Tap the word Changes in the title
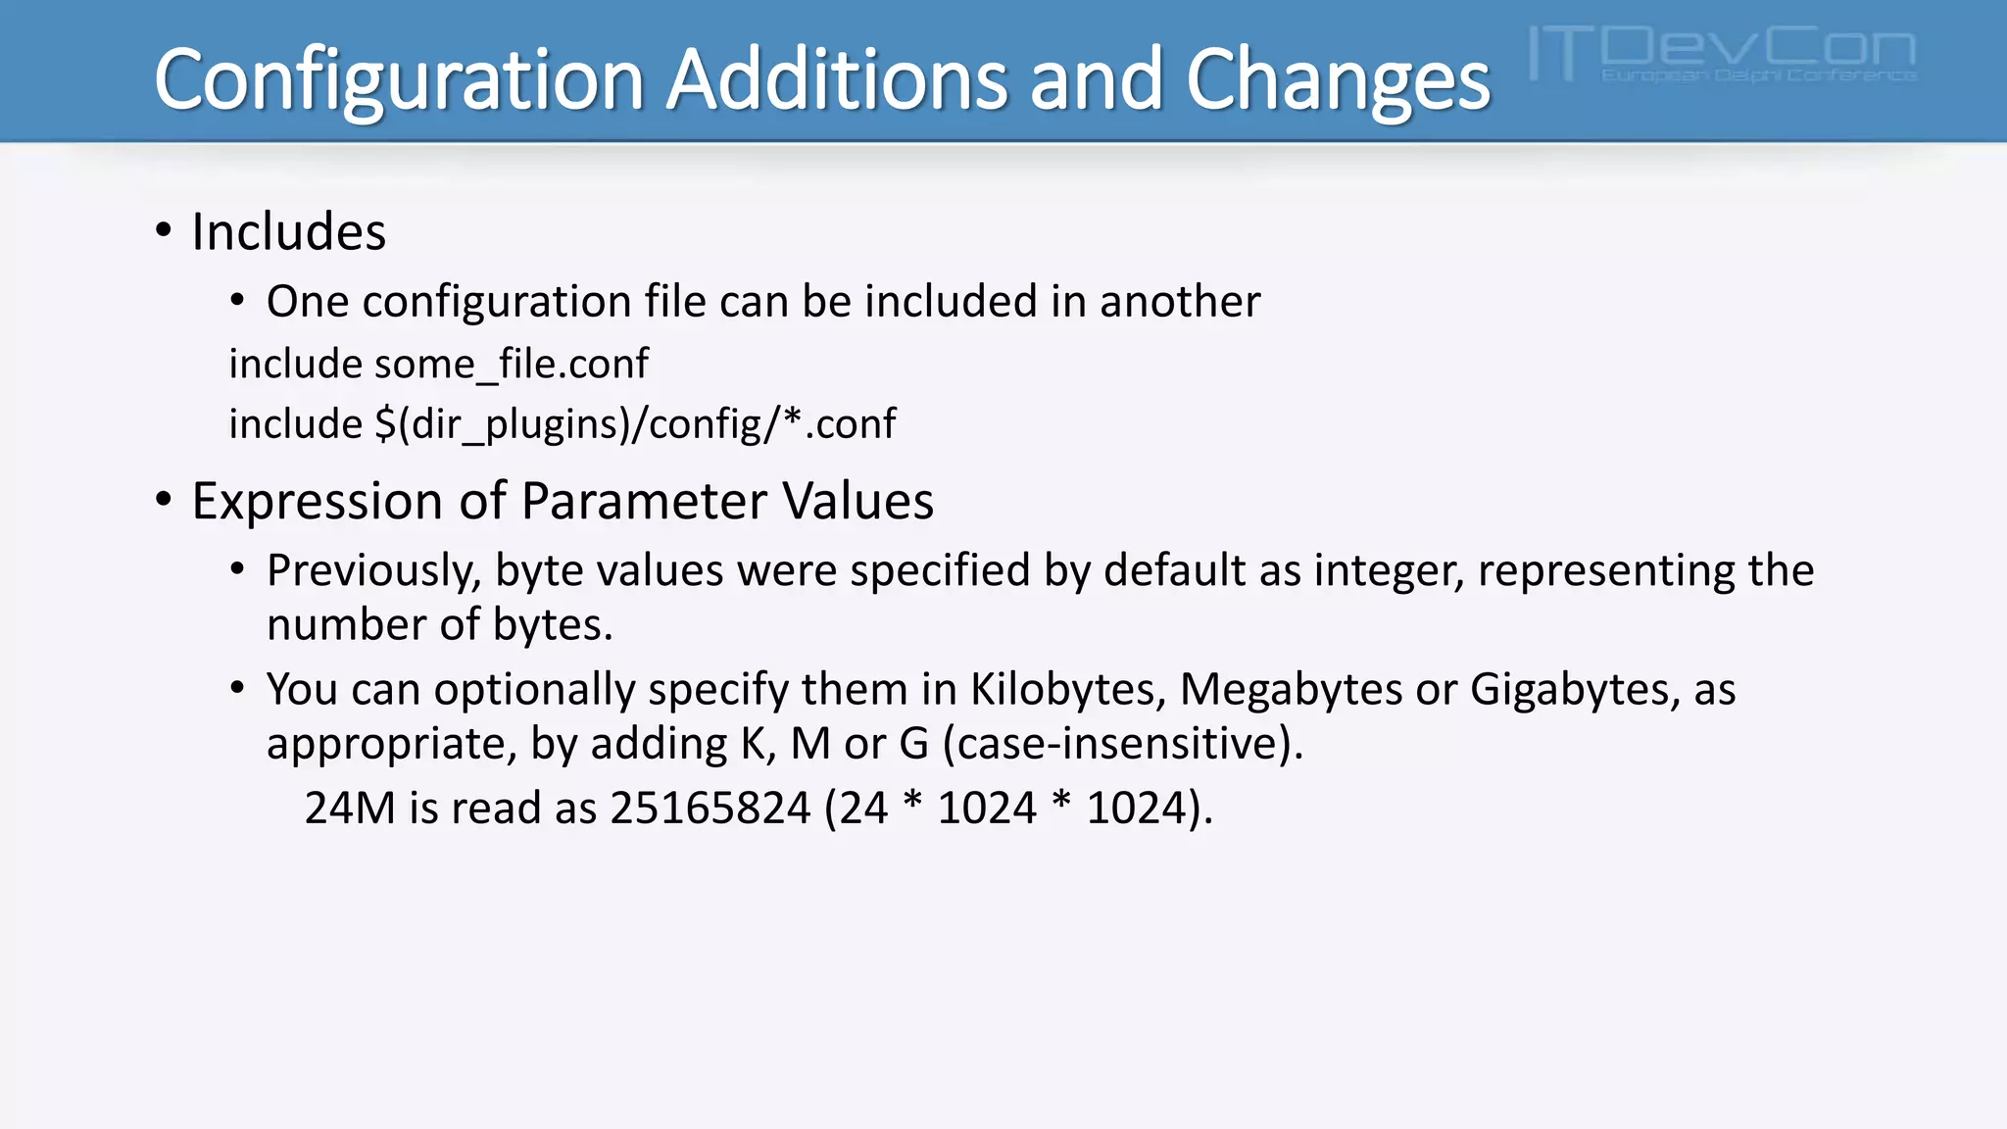point(1338,80)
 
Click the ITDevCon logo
point(1722,54)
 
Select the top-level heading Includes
point(289,232)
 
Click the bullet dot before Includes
point(164,232)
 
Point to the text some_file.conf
point(511,365)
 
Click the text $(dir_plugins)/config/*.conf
point(635,424)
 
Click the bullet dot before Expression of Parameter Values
point(164,501)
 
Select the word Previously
point(373,571)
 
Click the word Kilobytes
point(1067,690)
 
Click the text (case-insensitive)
point(1122,744)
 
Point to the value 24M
point(350,809)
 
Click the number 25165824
point(710,809)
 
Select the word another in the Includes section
point(1180,302)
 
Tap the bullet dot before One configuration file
point(238,301)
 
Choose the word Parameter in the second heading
point(644,502)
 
